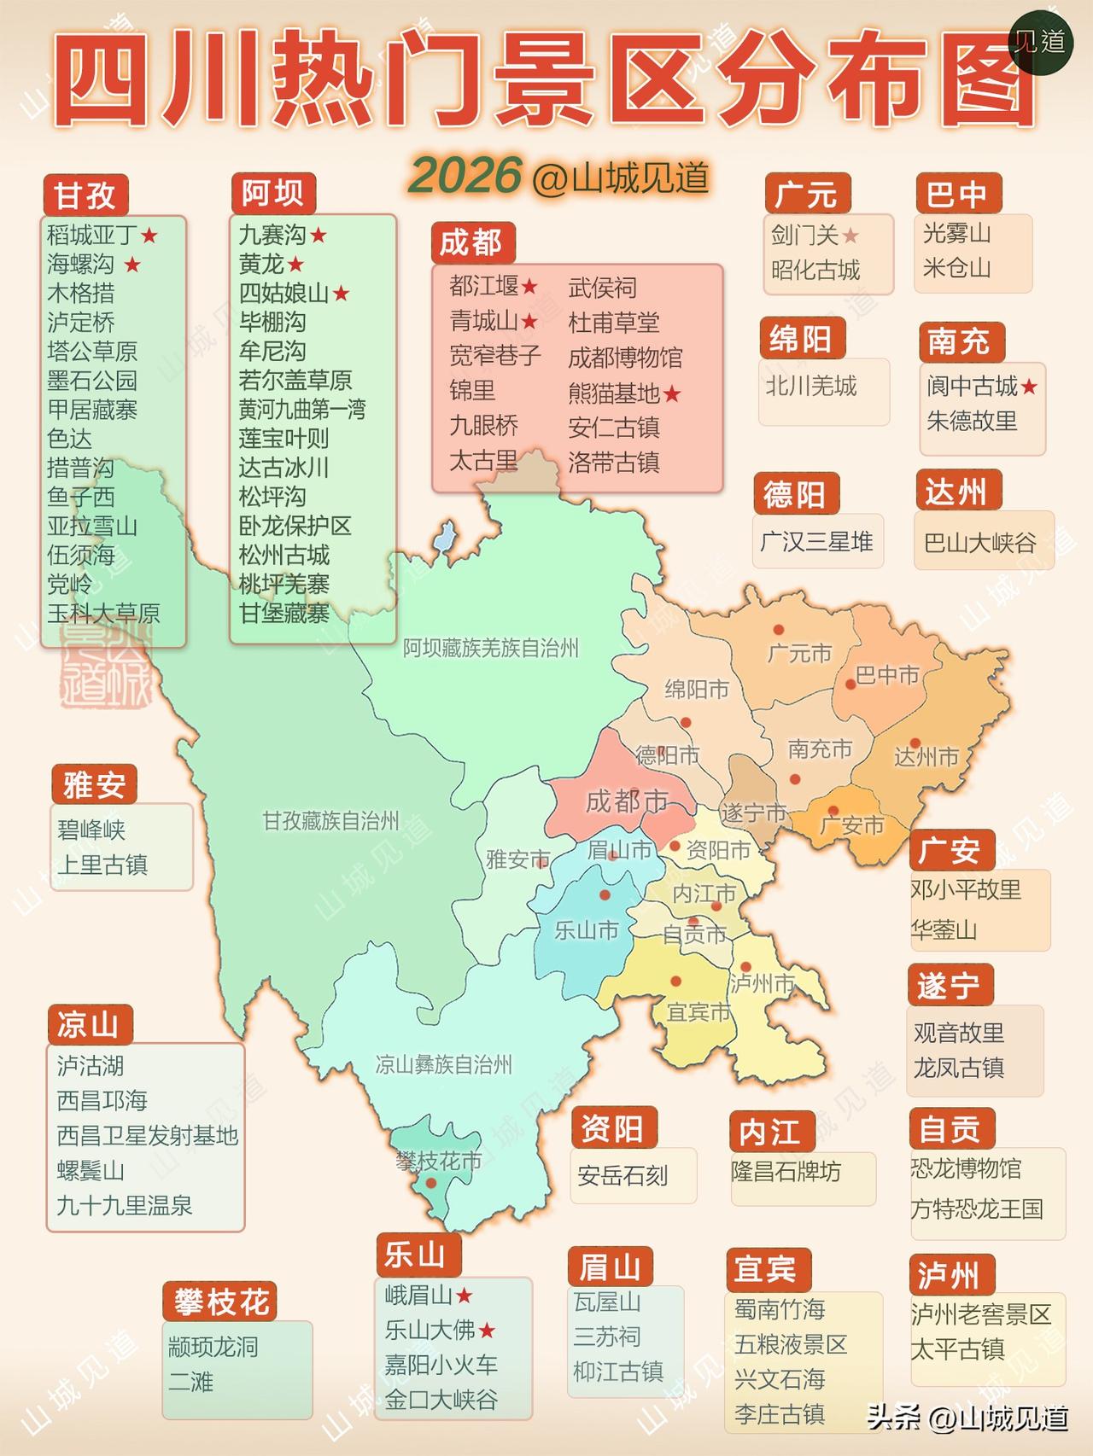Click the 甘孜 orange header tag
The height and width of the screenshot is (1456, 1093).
pos(85,195)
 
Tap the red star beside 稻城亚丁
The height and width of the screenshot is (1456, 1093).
pos(150,235)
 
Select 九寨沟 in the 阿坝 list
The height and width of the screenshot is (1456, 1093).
pos(272,235)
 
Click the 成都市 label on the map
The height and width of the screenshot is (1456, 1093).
pos(626,801)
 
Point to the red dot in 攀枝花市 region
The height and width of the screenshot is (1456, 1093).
pos(431,1183)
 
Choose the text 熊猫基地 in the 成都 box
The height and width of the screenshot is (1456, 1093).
pos(613,393)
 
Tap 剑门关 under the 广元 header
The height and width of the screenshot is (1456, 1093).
pos(804,235)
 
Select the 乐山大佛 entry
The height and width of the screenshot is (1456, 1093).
pos(430,1330)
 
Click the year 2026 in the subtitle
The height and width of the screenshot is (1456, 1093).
pos(465,176)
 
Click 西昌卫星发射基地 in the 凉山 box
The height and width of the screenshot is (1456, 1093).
pos(147,1135)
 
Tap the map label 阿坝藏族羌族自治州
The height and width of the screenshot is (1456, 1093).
pos(491,649)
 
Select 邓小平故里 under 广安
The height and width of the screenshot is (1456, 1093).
pos(966,890)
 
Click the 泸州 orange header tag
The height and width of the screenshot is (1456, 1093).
pos(949,1275)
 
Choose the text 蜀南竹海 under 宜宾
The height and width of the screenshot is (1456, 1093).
pos(780,1309)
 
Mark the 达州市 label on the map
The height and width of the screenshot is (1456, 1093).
pos(926,757)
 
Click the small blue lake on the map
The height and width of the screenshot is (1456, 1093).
pos(443,539)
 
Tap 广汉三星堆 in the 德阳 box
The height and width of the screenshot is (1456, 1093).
pos(816,541)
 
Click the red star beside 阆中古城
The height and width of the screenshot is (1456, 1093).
pos(1029,387)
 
